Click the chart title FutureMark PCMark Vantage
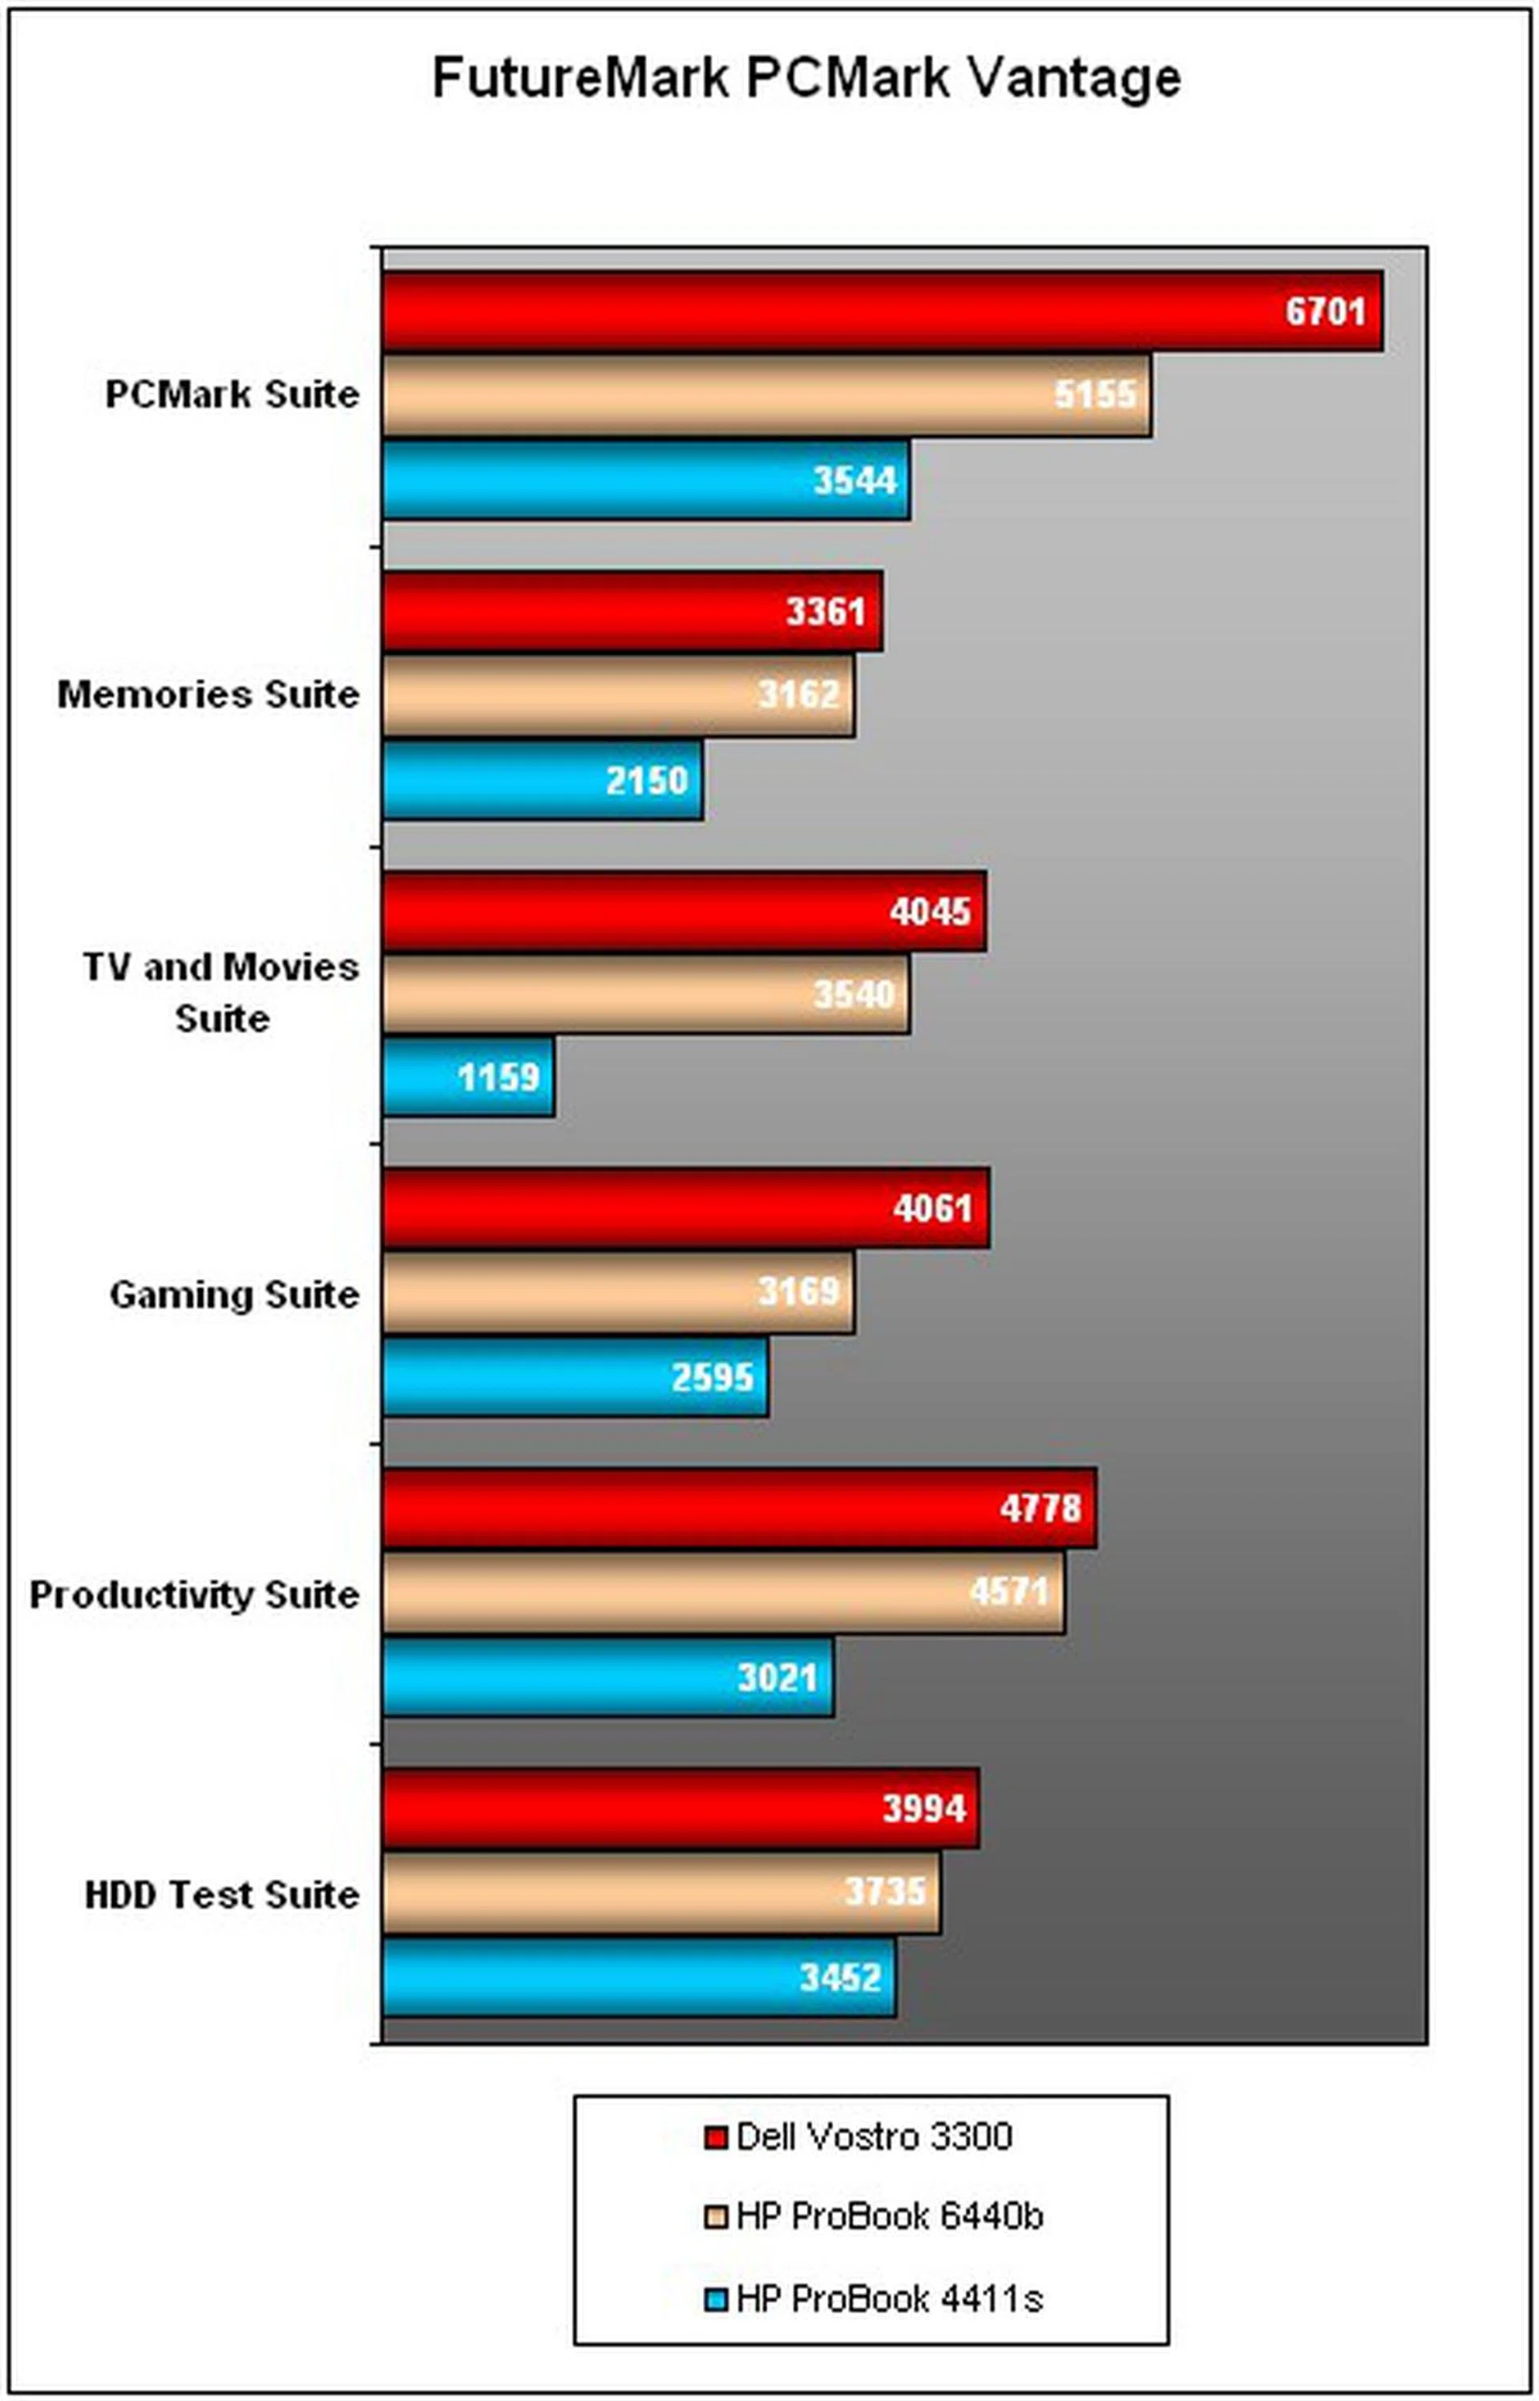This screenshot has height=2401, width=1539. pyautogui.click(x=806, y=79)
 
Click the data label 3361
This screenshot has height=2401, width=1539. pyautogui.click(x=825, y=611)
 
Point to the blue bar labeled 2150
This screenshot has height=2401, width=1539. pyautogui.click(x=542, y=779)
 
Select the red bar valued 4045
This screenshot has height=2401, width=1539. pyautogui.click(x=684, y=910)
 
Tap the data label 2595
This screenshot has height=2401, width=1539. pyautogui.click(x=712, y=1376)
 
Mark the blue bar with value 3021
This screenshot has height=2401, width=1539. pyautogui.click(x=608, y=1676)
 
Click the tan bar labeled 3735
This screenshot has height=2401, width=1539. pyautogui.click(x=660, y=1891)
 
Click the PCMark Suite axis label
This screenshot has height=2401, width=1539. pyautogui.click(x=232, y=394)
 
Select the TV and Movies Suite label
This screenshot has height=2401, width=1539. pyautogui.click(x=221, y=992)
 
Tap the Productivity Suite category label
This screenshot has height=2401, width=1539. pyautogui.click(x=194, y=1595)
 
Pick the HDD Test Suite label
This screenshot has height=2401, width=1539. pyautogui.click(x=221, y=1894)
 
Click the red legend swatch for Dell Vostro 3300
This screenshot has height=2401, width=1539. pyautogui.click(x=714, y=2137)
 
